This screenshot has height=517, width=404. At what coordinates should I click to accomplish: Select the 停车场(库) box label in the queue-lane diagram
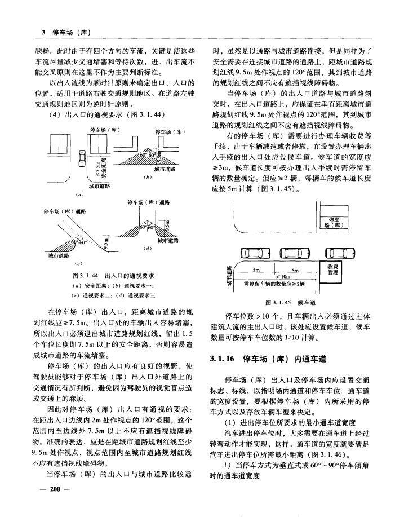tap(333, 221)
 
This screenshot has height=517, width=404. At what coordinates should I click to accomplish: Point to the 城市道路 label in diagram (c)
tap(57, 255)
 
